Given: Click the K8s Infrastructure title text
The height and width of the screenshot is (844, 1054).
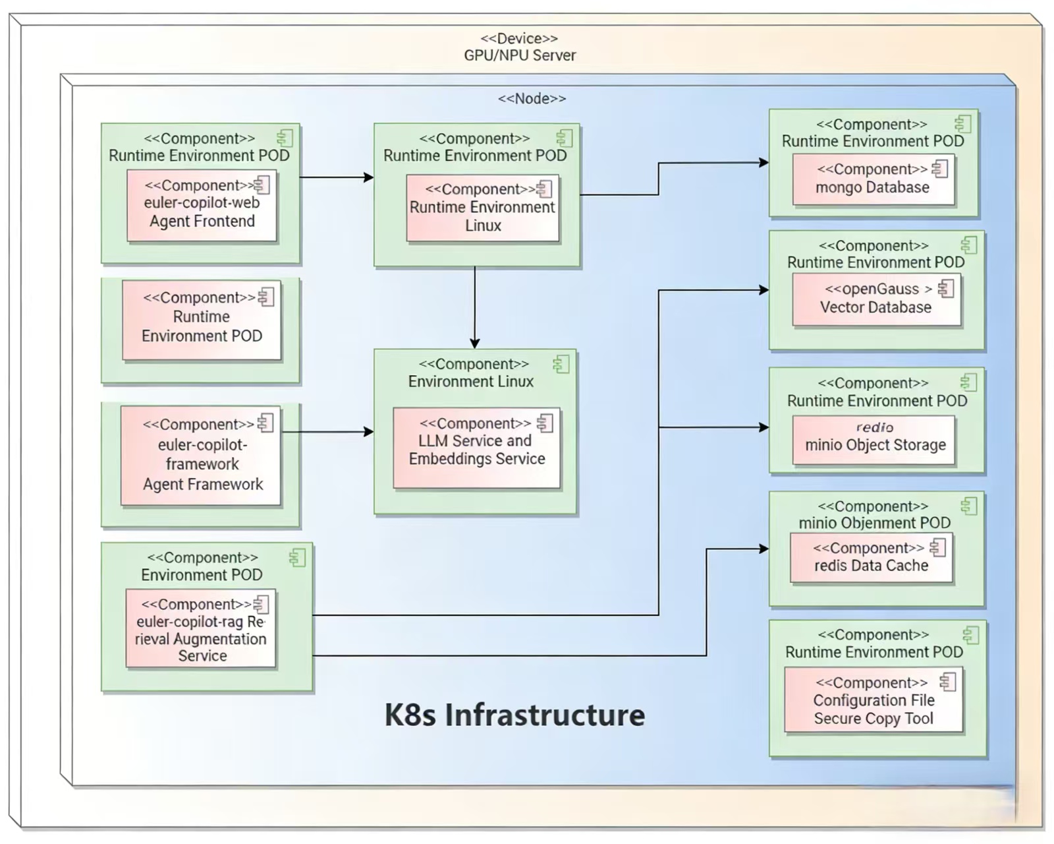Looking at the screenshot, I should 514,715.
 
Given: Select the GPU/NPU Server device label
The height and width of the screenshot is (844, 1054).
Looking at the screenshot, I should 520,55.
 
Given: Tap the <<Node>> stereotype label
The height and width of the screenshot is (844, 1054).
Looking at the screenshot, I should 532,98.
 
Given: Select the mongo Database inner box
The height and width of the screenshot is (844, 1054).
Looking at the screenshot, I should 873,180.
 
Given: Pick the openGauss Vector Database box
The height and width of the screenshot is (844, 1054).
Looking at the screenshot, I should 876,299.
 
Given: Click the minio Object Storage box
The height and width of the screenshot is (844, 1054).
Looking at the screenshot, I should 874,440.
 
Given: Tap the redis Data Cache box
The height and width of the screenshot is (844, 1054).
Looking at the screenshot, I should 871,558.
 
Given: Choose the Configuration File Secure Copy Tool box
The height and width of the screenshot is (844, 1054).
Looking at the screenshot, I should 874,700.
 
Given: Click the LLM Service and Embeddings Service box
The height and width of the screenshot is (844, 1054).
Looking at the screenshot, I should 476,448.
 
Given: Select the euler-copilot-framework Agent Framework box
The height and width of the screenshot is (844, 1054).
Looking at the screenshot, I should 202,456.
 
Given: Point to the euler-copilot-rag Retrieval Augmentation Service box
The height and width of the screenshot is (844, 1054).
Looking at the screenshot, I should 201,629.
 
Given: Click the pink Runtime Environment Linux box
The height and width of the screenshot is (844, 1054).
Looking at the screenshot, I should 483,208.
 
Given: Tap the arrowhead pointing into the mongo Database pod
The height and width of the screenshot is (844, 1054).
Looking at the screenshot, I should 764,162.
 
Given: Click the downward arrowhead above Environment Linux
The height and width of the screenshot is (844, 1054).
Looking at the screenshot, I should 474,344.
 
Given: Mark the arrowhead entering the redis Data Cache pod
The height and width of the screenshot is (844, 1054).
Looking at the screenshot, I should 764,549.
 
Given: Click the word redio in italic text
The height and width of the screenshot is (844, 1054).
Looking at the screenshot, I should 875,427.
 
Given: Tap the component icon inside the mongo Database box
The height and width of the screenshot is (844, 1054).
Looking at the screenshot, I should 940,169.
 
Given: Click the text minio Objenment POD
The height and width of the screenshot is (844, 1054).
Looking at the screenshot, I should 874,523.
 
